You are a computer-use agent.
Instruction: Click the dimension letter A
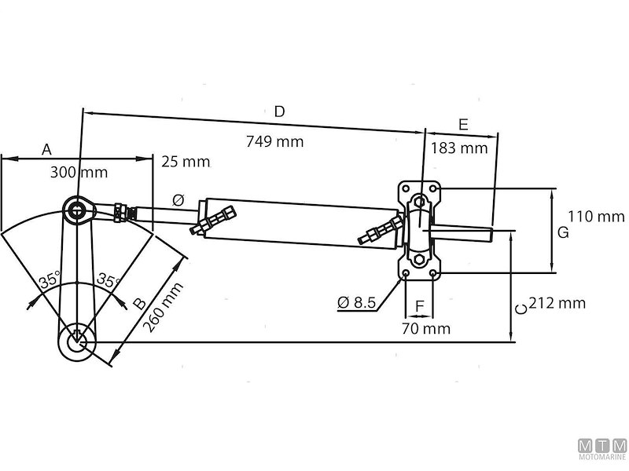click(46, 149)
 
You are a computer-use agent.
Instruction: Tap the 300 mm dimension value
click(79, 172)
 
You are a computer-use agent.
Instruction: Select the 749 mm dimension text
click(275, 141)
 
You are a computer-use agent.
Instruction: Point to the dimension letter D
click(279, 112)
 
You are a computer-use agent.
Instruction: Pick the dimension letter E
click(463, 124)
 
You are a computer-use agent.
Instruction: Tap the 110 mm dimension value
click(590, 216)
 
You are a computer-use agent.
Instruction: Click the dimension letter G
click(562, 232)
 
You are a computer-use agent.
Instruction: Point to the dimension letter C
click(520, 309)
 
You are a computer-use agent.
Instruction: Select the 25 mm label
click(186, 162)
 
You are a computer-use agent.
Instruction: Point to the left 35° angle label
click(50, 279)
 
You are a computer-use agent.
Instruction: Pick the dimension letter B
click(138, 303)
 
